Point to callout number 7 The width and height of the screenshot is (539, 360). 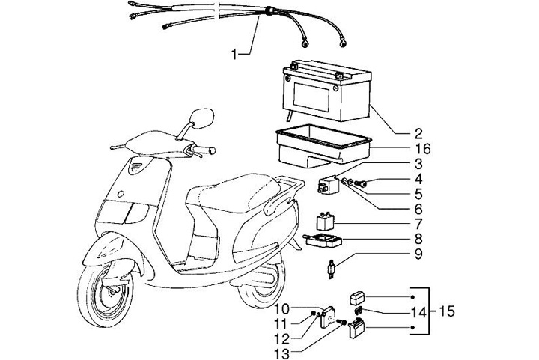(418, 224)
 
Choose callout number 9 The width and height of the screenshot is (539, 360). (418, 255)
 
